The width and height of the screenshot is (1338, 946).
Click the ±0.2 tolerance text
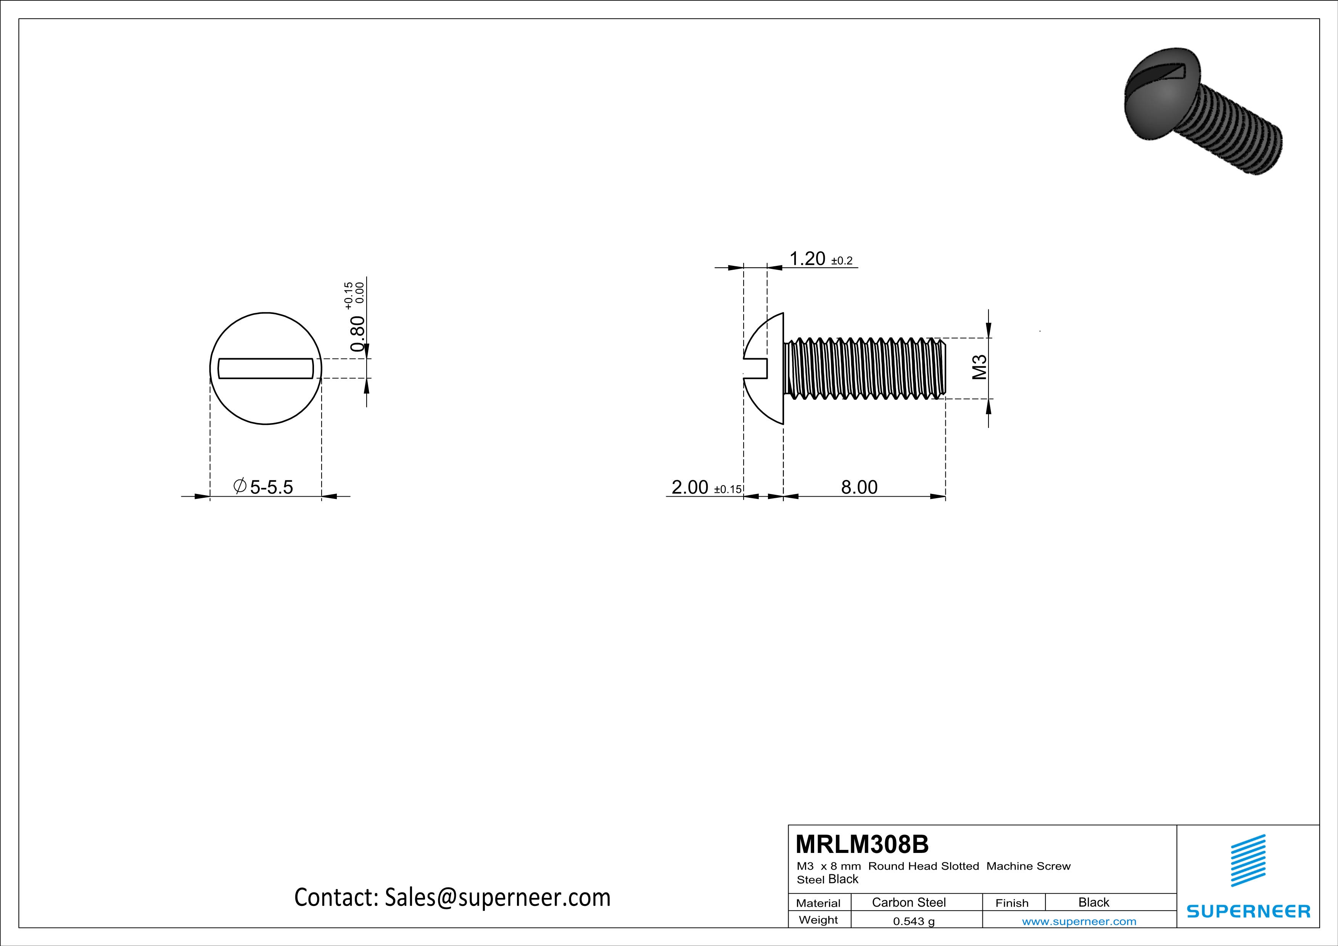coord(842,261)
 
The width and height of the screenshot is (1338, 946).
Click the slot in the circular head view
coord(266,368)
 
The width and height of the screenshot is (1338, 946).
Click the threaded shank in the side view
coord(865,368)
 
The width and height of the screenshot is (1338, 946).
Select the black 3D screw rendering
coord(1201,111)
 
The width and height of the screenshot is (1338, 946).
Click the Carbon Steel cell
coord(908,902)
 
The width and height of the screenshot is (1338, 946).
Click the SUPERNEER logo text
coord(1248,911)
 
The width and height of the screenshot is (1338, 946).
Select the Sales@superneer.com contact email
coord(497,898)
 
